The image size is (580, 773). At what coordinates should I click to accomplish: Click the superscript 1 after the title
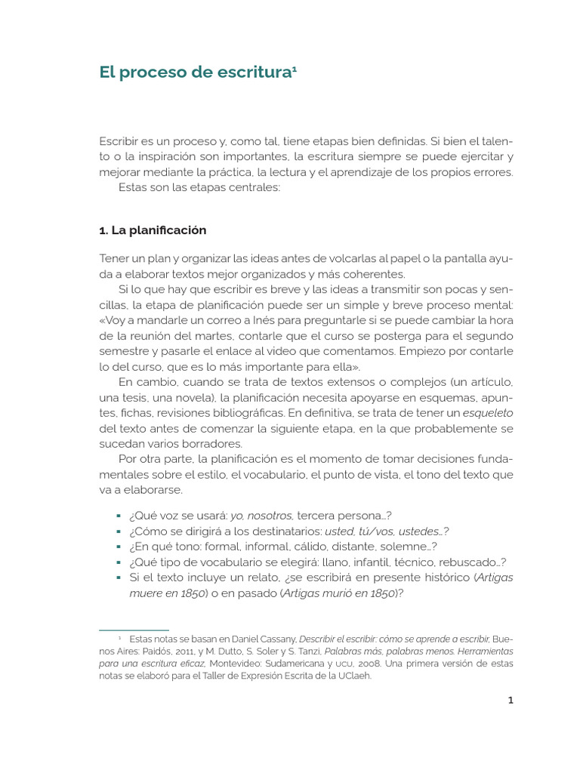295,69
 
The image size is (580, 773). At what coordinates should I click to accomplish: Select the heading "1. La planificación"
153,229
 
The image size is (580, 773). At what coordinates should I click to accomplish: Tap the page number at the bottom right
511,700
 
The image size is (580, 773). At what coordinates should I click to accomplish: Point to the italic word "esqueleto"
487,412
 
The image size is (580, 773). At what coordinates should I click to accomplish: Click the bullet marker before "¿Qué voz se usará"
119,516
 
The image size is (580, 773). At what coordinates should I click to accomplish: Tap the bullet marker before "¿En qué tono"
119,547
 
